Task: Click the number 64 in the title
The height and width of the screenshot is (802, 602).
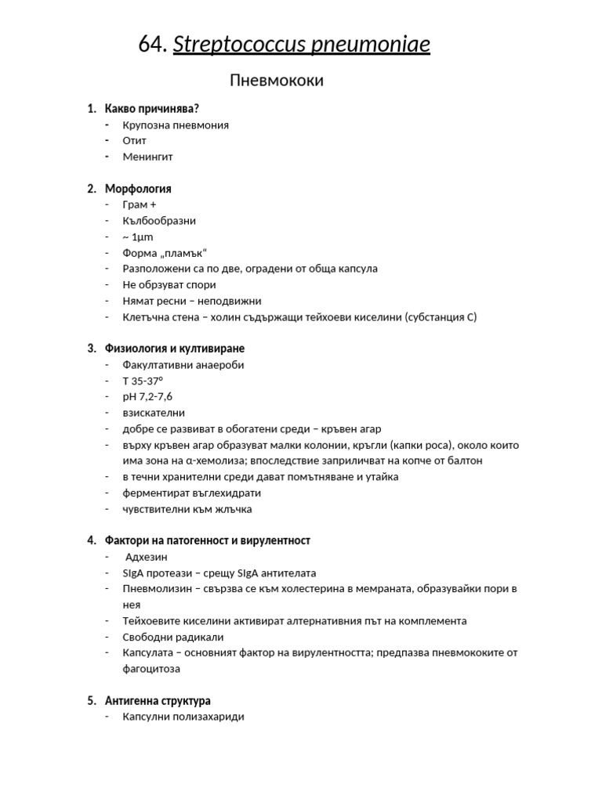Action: click(x=152, y=46)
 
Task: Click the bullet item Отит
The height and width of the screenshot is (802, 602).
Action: click(x=134, y=140)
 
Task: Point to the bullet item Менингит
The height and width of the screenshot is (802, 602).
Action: click(x=147, y=157)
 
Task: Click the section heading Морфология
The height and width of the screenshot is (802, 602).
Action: click(x=138, y=189)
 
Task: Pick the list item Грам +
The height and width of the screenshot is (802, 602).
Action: click(x=140, y=204)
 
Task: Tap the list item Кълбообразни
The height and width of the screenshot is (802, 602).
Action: click(x=159, y=221)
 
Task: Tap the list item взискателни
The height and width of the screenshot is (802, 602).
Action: click(x=154, y=413)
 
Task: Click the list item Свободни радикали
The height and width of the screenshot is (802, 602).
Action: click(x=172, y=637)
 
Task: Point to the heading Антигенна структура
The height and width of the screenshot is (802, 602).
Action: click(x=158, y=701)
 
